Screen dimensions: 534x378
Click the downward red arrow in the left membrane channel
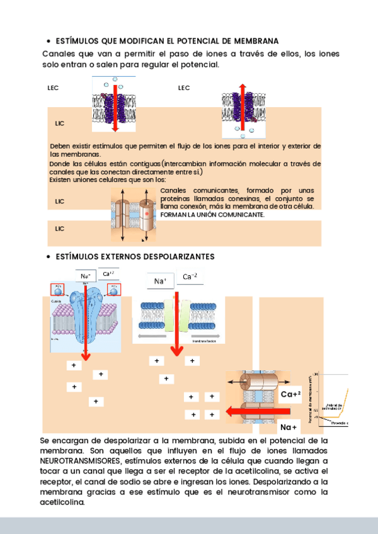click(115, 107)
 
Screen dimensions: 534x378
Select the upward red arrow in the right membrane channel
click(242, 104)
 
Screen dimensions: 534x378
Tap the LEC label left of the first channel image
click(53, 88)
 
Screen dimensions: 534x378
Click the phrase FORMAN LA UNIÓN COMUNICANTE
click(212, 215)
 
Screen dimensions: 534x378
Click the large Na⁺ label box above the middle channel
click(160, 281)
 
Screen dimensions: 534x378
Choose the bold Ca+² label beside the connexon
click(290, 394)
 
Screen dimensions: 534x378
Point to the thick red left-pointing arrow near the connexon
click(249, 412)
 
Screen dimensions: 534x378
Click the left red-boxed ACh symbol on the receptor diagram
click(58, 288)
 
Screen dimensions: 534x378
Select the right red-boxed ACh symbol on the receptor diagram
click(114, 288)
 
